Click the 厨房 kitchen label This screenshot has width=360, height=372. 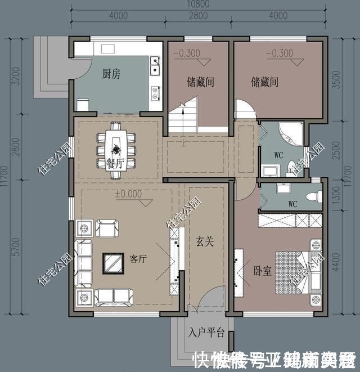point(111,74)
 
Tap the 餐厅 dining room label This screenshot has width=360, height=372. point(115,163)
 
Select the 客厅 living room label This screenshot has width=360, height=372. point(138,259)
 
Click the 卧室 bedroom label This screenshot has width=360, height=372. point(263,271)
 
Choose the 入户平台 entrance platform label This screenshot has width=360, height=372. point(206,333)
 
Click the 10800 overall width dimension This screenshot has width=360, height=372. point(198,5)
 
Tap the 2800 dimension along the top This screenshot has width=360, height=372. point(198,15)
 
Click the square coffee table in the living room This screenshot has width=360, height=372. point(112,262)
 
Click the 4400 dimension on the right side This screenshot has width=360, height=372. point(336,259)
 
